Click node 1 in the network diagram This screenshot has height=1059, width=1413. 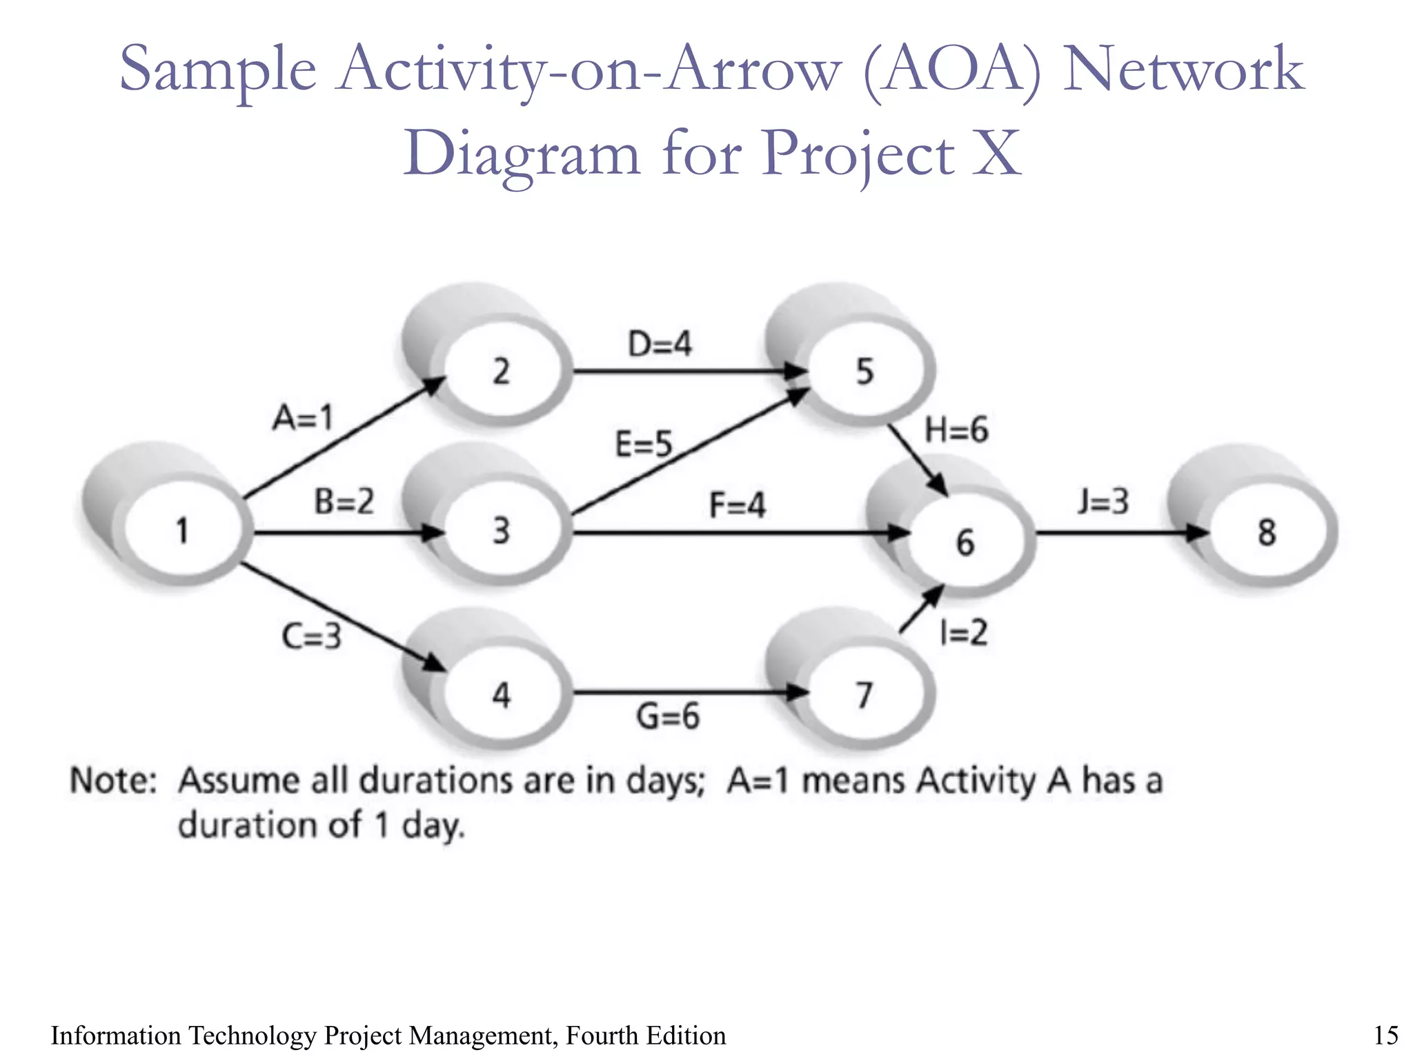183,532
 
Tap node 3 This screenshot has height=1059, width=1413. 502,532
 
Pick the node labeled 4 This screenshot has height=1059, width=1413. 502,694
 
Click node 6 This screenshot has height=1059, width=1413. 965,542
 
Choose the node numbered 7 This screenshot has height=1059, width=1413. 864,694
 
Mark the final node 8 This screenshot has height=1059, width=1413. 1267,532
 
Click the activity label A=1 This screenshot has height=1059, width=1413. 303,418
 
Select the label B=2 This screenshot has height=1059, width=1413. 344,501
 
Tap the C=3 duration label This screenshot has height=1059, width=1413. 312,636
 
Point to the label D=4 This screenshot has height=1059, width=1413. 660,343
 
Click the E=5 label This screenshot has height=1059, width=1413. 643,444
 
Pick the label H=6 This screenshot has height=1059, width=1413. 956,430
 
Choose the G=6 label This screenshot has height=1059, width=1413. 667,716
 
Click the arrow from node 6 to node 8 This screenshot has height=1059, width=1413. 1118,532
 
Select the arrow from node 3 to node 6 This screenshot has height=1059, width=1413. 738,532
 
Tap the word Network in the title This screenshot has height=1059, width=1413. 1183,69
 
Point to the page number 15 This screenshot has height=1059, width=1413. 1385,1036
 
